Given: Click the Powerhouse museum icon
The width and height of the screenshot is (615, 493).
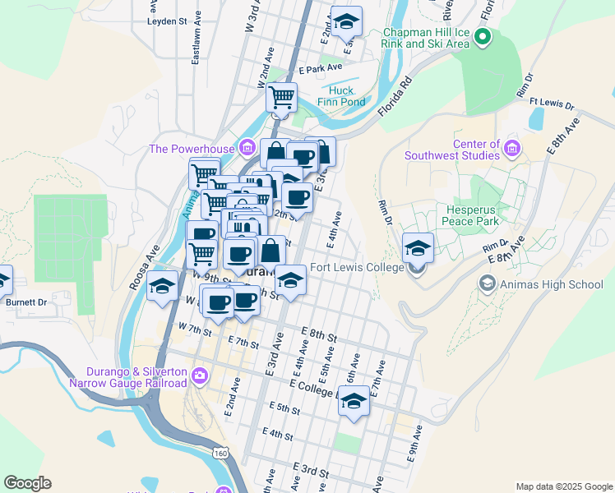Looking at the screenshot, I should tap(247, 148).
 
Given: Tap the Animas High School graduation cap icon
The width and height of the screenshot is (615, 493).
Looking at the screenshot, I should tap(487, 284).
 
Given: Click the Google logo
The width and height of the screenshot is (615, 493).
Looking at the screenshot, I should tap(27, 483).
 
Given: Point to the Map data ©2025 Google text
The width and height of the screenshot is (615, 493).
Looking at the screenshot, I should tap(563, 486).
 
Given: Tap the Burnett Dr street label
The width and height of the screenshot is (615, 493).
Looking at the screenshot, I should tap(26, 302).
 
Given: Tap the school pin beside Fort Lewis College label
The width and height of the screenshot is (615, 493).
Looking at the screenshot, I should tap(417, 247).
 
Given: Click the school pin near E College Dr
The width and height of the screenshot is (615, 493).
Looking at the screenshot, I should tap(354, 400).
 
